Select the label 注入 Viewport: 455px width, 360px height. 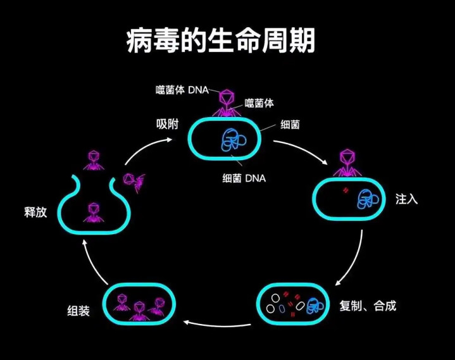(x=407, y=199)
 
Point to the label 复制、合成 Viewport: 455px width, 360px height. (x=368, y=306)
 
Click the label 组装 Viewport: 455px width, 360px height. (x=78, y=311)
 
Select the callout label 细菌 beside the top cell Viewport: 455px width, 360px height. (x=289, y=125)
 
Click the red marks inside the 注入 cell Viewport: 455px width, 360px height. (x=346, y=190)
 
